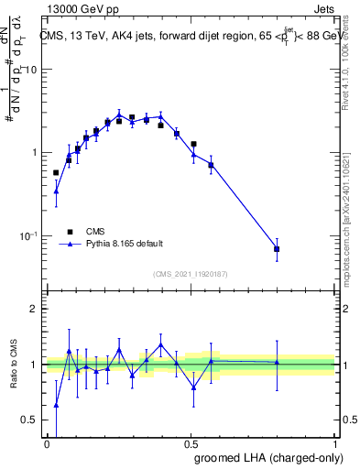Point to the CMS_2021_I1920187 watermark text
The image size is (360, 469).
[x=190, y=274]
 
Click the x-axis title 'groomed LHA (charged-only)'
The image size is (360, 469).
[x=267, y=457]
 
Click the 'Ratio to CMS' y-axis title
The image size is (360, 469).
[x=14, y=365]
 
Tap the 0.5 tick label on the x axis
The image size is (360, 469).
[x=191, y=442]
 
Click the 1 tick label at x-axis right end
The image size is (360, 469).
[x=334, y=442]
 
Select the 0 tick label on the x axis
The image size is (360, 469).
[x=47, y=442]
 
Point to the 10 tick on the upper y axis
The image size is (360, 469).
[x=29, y=70]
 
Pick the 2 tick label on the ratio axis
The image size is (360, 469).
[x=33, y=309]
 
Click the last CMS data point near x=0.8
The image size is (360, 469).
[x=277, y=249]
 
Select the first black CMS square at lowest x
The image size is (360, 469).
[x=56, y=172]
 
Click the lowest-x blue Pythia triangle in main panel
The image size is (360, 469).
[x=56, y=191]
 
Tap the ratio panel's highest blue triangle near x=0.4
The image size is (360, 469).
[x=161, y=344]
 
